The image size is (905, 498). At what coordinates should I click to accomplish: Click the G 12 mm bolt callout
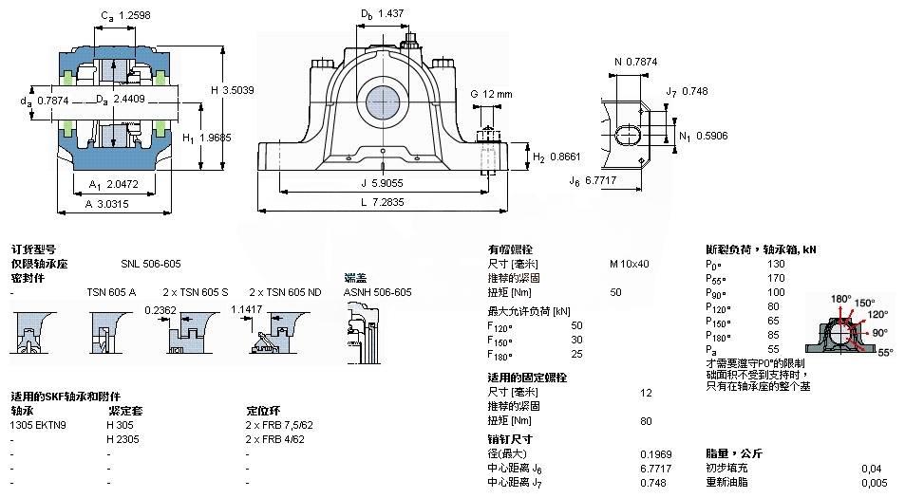(x=491, y=94)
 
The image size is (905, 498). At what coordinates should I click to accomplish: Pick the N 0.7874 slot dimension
(x=636, y=63)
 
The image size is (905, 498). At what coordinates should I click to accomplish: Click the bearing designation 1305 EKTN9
(x=39, y=426)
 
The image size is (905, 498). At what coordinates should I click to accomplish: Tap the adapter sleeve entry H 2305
(x=123, y=439)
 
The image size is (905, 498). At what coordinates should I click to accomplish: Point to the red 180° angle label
(x=841, y=299)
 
